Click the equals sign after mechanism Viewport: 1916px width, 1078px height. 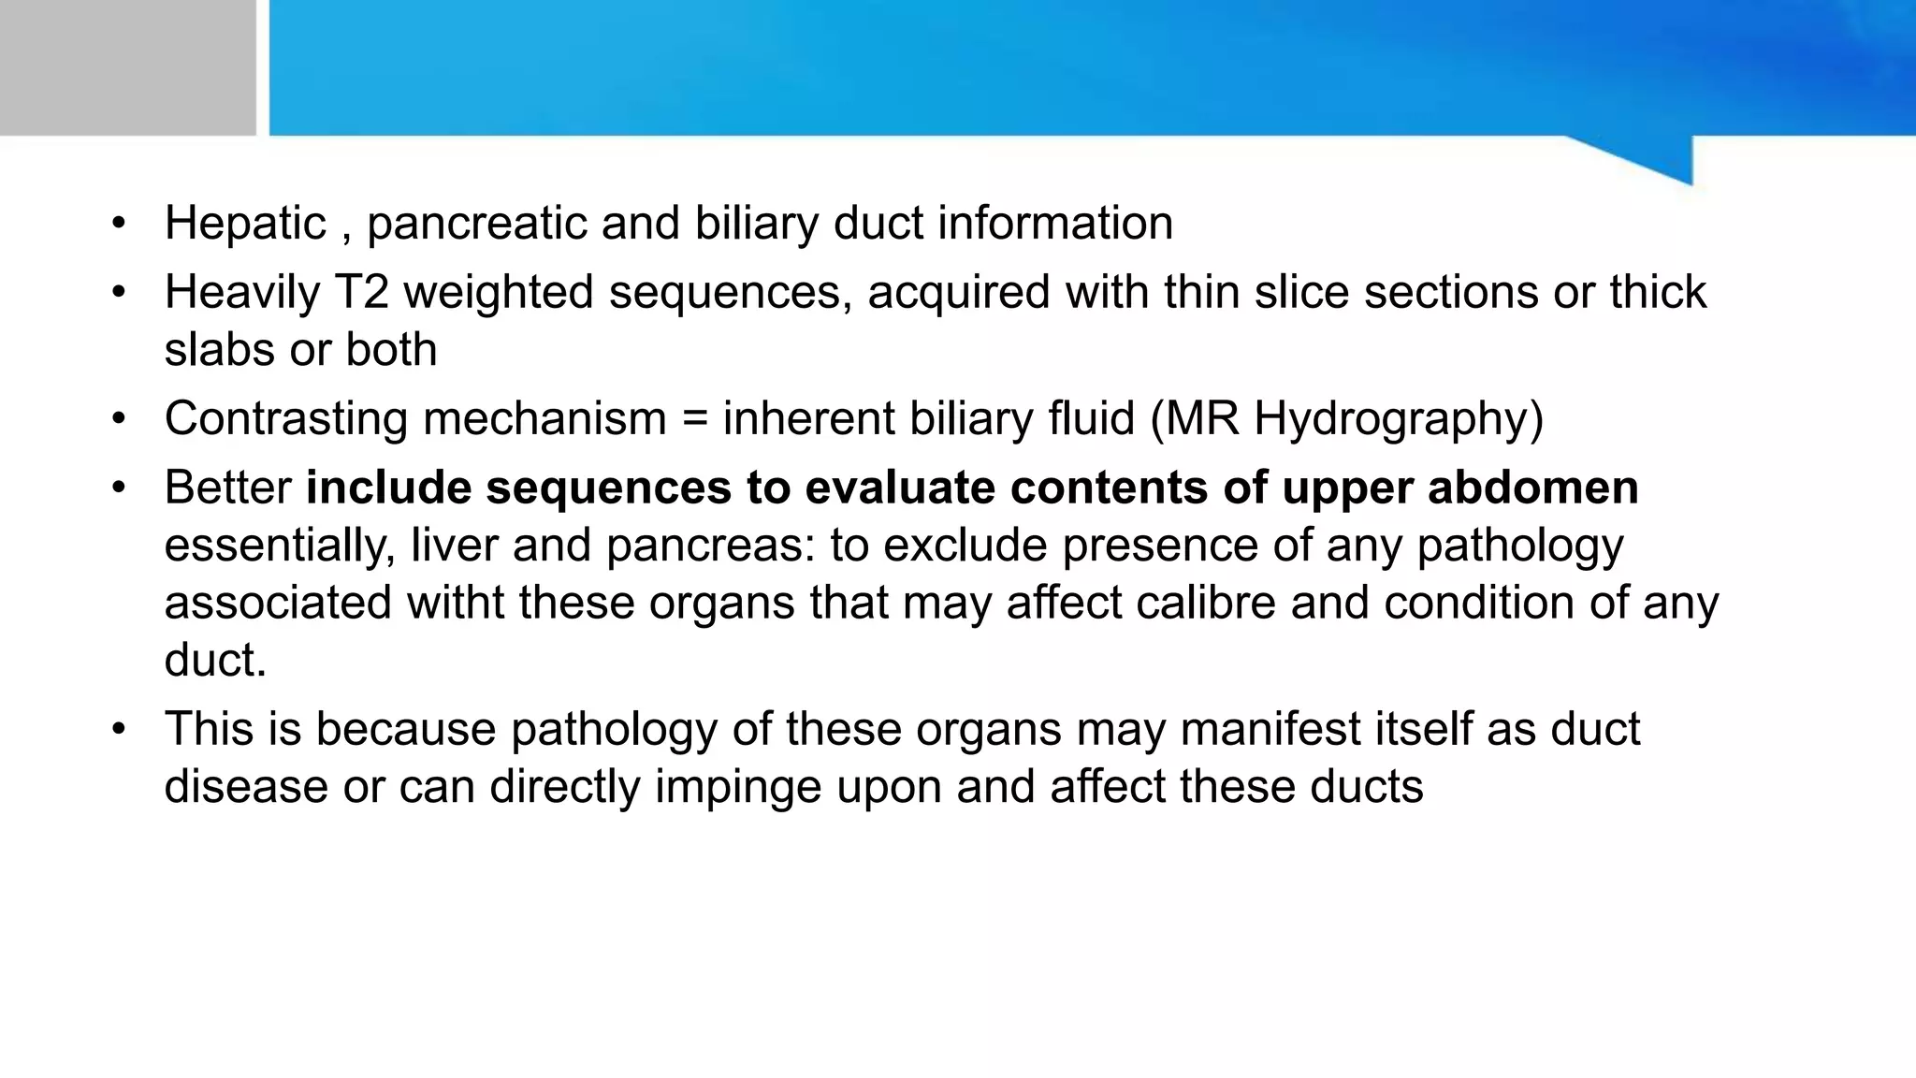(694, 418)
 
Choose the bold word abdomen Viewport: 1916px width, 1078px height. (1533, 488)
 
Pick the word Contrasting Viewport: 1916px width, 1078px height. (285, 418)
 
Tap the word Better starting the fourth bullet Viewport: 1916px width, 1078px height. (227, 488)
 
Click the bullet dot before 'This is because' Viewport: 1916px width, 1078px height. (118, 729)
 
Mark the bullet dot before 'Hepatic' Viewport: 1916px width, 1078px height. (118, 224)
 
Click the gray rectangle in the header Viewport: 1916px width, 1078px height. (127, 67)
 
